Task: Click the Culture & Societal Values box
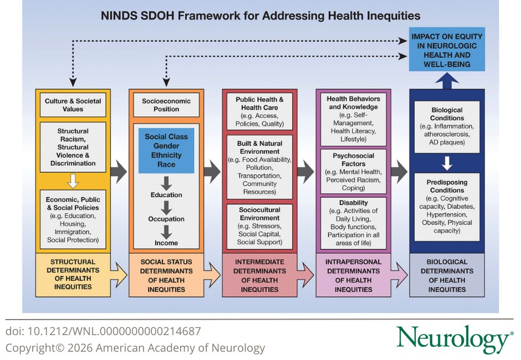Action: click(73, 105)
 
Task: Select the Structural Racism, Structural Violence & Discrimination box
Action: click(73, 147)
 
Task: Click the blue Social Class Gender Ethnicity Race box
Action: click(166, 150)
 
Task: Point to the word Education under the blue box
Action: click(166, 195)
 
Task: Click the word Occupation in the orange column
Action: click(166, 219)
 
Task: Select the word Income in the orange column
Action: click(166, 243)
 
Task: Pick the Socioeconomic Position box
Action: click(166, 105)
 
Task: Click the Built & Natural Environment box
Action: click(259, 167)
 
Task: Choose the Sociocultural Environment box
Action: click(259, 226)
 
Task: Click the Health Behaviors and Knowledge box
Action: click(353, 118)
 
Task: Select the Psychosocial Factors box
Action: click(353, 172)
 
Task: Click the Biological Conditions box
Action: click(447, 125)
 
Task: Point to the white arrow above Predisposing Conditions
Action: click(447, 163)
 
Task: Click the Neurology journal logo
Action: click(454, 338)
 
